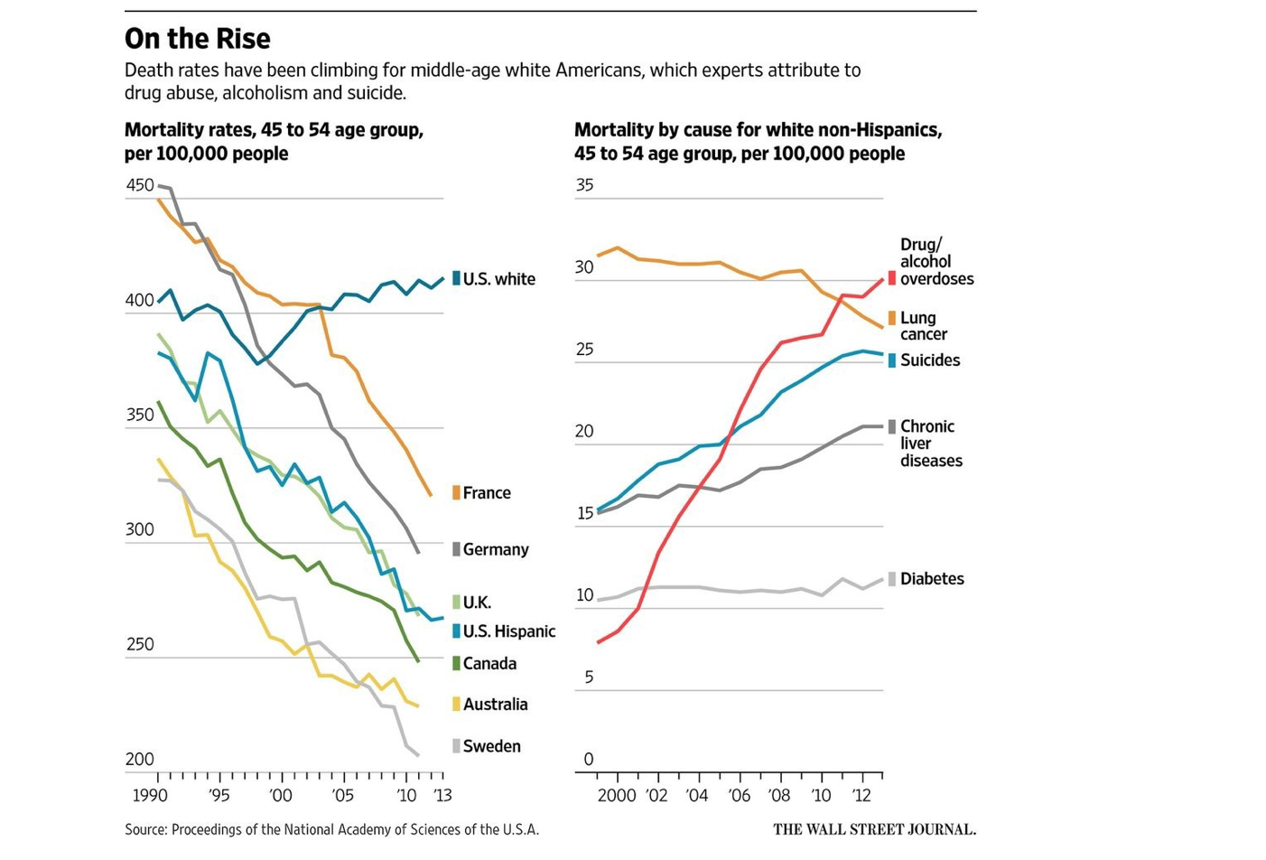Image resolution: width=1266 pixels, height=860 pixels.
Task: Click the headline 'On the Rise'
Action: coord(197,39)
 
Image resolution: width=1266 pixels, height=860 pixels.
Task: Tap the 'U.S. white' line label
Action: coord(498,279)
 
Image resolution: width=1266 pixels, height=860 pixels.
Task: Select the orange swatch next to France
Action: coord(456,492)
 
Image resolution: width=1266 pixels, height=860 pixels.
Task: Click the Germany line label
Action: coord(496,549)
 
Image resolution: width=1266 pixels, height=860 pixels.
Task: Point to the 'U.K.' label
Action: coord(477,603)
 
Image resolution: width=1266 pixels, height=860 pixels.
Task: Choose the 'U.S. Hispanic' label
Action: coord(508,631)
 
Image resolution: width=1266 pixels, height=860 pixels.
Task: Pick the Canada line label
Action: coord(489,664)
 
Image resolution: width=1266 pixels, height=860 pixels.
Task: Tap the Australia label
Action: coord(495,705)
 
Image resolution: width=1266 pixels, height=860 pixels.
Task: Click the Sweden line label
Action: coord(491,746)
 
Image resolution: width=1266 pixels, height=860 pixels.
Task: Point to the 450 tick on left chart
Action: coord(140,185)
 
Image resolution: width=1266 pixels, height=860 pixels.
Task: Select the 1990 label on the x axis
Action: coord(150,796)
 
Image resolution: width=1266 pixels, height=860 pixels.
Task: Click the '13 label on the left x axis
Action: coord(442,796)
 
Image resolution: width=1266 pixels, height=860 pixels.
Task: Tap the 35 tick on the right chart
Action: coord(584,185)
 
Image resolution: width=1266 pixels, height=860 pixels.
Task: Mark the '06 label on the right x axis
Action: coord(739,796)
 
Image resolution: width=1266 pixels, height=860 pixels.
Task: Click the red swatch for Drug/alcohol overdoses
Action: coord(892,278)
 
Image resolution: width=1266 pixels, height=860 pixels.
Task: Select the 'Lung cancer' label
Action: coord(923,326)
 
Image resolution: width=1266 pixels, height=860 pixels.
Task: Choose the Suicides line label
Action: coord(929,360)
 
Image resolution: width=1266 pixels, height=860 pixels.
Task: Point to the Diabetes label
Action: coord(932,579)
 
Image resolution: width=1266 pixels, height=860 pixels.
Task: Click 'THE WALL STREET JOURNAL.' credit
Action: coord(874,829)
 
